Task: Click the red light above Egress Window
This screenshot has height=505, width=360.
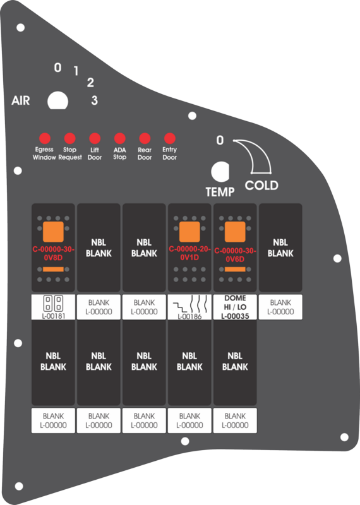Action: (x=45, y=138)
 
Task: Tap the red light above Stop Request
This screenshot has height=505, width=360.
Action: (x=69, y=138)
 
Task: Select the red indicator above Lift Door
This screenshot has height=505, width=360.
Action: (x=95, y=138)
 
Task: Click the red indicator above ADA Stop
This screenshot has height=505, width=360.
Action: (x=119, y=138)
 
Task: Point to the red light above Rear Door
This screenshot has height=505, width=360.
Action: (x=145, y=138)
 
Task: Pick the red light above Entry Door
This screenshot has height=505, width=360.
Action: (x=169, y=138)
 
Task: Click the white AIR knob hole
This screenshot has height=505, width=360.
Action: (x=57, y=101)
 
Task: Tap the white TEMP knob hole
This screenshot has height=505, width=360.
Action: (x=220, y=172)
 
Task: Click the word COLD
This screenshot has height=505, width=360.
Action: (x=261, y=186)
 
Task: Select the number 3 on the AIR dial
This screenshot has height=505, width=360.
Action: (x=95, y=100)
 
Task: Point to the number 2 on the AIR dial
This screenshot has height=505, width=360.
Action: (x=90, y=83)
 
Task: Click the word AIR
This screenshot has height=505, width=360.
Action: (x=21, y=100)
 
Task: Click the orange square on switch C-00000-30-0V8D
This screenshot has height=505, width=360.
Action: (x=53, y=232)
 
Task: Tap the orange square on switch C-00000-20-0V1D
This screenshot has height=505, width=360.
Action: (x=189, y=232)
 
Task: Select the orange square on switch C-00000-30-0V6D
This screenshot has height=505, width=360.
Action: (x=235, y=232)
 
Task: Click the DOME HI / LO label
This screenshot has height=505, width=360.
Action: (x=235, y=307)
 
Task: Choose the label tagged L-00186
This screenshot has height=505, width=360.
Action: (x=189, y=307)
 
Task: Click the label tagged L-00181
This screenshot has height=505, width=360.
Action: (x=53, y=307)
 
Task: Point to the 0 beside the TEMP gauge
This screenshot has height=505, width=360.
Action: (x=220, y=140)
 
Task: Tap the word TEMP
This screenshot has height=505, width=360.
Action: (x=220, y=192)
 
